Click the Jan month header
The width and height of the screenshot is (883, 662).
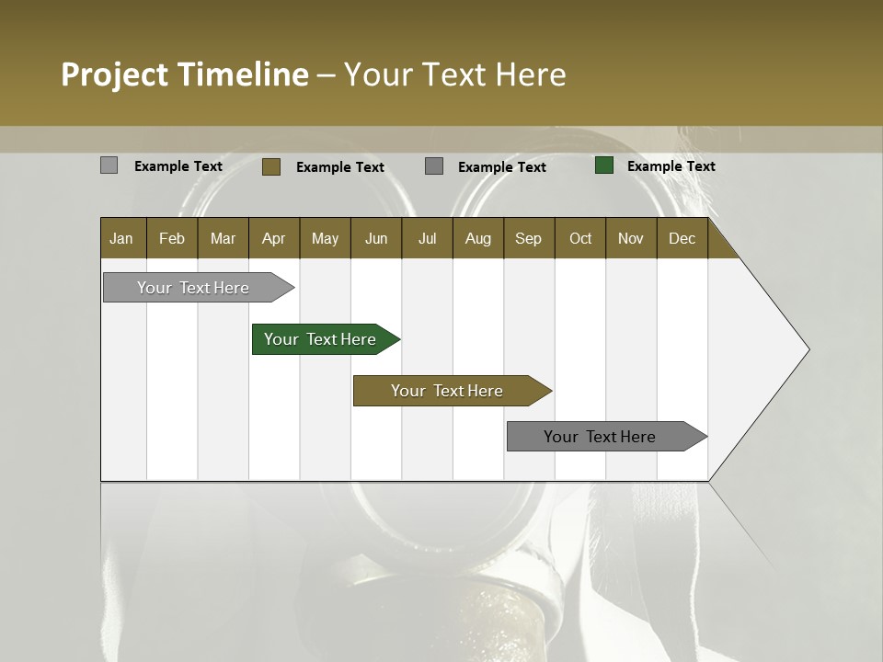(122, 239)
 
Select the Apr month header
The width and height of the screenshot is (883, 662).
(274, 239)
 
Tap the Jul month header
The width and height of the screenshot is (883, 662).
(427, 239)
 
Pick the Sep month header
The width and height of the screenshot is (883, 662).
(528, 239)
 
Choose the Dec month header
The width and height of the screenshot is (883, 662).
(682, 239)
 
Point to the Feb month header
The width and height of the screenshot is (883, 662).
(172, 239)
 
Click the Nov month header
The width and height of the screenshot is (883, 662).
(630, 239)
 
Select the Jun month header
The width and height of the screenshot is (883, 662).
(376, 239)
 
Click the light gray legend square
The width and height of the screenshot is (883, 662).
(109, 165)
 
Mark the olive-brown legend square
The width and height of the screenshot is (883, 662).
(270, 166)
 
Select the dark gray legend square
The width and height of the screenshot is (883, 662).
(434, 166)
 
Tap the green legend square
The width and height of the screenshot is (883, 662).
(604, 165)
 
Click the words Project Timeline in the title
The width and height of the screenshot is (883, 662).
(184, 74)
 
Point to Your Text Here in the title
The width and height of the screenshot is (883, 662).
(455, 74)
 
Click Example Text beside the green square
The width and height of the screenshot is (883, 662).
(671, 166)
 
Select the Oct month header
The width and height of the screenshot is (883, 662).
(580, 239)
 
